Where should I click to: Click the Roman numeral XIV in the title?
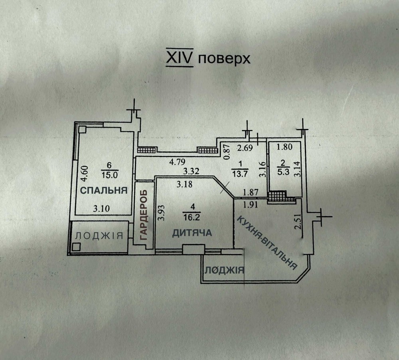(x=180, y=59)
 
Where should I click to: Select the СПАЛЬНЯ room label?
(x=104, y=190)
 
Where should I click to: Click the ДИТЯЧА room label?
(x=192, y=233)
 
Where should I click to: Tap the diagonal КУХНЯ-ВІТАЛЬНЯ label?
(x=267, y=242)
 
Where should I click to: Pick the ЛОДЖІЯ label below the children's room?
(x=224, y=271)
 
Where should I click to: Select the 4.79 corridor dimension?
(x=178, y=162)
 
